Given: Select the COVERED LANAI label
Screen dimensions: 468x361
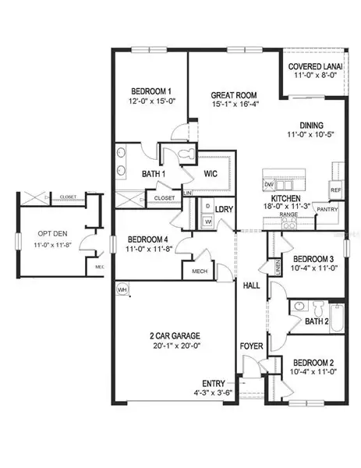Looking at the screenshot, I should click(312, 66).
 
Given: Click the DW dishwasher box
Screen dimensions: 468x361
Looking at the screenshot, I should click(269, 185).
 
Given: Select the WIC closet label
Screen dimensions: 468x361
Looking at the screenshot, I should click(211, 173).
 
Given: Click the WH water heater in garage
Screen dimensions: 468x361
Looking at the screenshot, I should click(122, 289).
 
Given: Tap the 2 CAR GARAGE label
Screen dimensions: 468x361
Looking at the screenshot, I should click(172, 336).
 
